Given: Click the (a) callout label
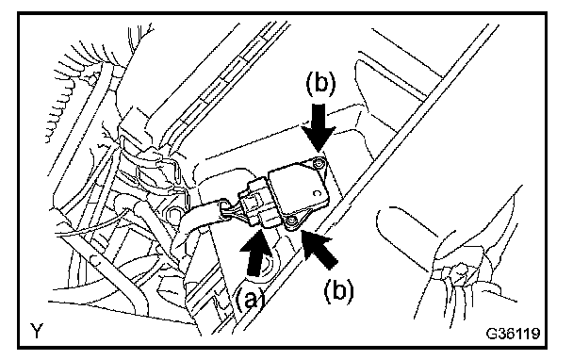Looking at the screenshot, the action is [250, 301].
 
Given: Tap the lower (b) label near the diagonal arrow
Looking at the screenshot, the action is [338, 290].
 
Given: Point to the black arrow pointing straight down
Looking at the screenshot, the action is [319, 127].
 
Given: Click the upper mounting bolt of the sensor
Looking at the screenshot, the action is [319, 163].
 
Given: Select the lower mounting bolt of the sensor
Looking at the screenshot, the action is [291, 221].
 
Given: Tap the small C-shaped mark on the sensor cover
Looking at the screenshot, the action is [317, 192].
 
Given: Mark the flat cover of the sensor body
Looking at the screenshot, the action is [299, 189].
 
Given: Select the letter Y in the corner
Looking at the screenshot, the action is [37, 332].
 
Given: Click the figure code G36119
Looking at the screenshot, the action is [513, 334].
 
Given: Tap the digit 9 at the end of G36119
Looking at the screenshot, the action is [535, 334].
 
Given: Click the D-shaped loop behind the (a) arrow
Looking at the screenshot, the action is [271, 262].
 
